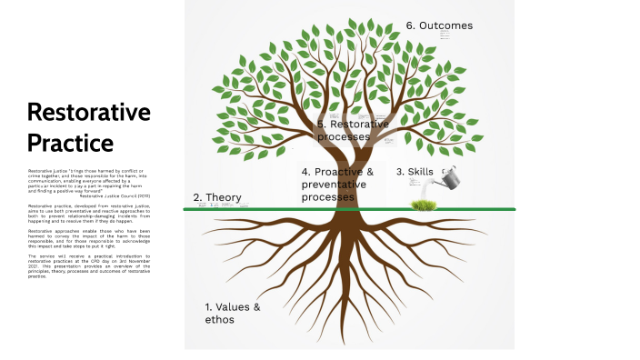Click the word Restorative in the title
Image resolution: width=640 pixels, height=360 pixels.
(x=88, y=113)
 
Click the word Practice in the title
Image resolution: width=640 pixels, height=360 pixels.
(x=70, y=143)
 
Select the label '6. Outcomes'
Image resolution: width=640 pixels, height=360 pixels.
(x=439, y=25)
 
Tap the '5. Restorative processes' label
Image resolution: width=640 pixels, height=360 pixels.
(x=353, y=130)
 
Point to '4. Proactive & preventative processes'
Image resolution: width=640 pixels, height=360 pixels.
(x=337, y=185)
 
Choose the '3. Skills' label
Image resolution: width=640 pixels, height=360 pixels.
(x=414, y=172)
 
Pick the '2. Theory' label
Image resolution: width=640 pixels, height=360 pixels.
(x=217, y=197)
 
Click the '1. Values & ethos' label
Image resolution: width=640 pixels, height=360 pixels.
(x=233, y=313)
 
